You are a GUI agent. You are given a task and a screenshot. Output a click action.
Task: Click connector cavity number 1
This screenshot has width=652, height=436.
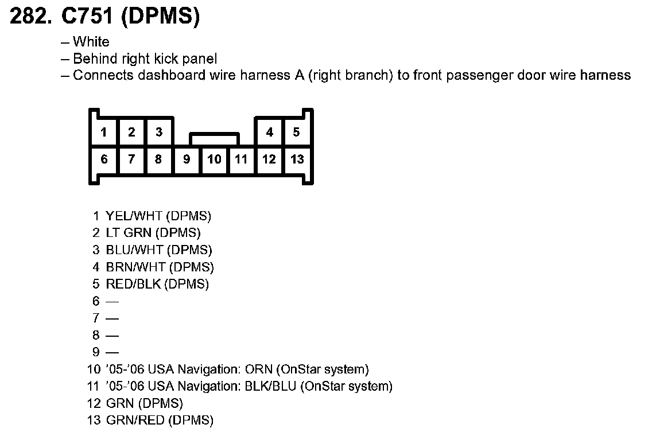pos(104,133)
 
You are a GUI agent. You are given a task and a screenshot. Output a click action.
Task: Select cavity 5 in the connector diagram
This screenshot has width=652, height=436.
pos(296,133)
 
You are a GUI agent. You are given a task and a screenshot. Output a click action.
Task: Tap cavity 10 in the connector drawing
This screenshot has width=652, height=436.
pos(214,159)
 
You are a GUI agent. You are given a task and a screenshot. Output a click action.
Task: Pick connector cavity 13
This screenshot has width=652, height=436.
pos(297,159)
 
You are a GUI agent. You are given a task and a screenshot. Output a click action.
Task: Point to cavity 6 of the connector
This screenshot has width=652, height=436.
pos(104,159)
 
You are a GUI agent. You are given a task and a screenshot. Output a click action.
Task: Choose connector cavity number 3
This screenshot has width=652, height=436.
pos(159,133)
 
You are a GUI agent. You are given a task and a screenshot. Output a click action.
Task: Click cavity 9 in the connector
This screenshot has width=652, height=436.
pos(187,159)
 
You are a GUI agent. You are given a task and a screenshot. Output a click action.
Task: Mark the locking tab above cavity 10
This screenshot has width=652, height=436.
pos(214,139)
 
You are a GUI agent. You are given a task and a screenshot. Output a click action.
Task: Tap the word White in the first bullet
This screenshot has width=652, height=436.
pos(91,42)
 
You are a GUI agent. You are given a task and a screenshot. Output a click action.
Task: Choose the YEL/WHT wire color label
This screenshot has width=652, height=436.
pos(134,216)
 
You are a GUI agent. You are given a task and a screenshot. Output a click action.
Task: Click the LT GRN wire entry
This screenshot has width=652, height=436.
pos(129,233)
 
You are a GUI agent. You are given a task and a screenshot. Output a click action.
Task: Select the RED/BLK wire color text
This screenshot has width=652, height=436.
pos(133,284)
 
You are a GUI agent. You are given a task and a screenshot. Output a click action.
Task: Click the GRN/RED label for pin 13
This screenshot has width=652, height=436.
pos(135,420)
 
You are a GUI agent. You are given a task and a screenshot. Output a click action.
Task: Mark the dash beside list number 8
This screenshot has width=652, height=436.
pos(112,335)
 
